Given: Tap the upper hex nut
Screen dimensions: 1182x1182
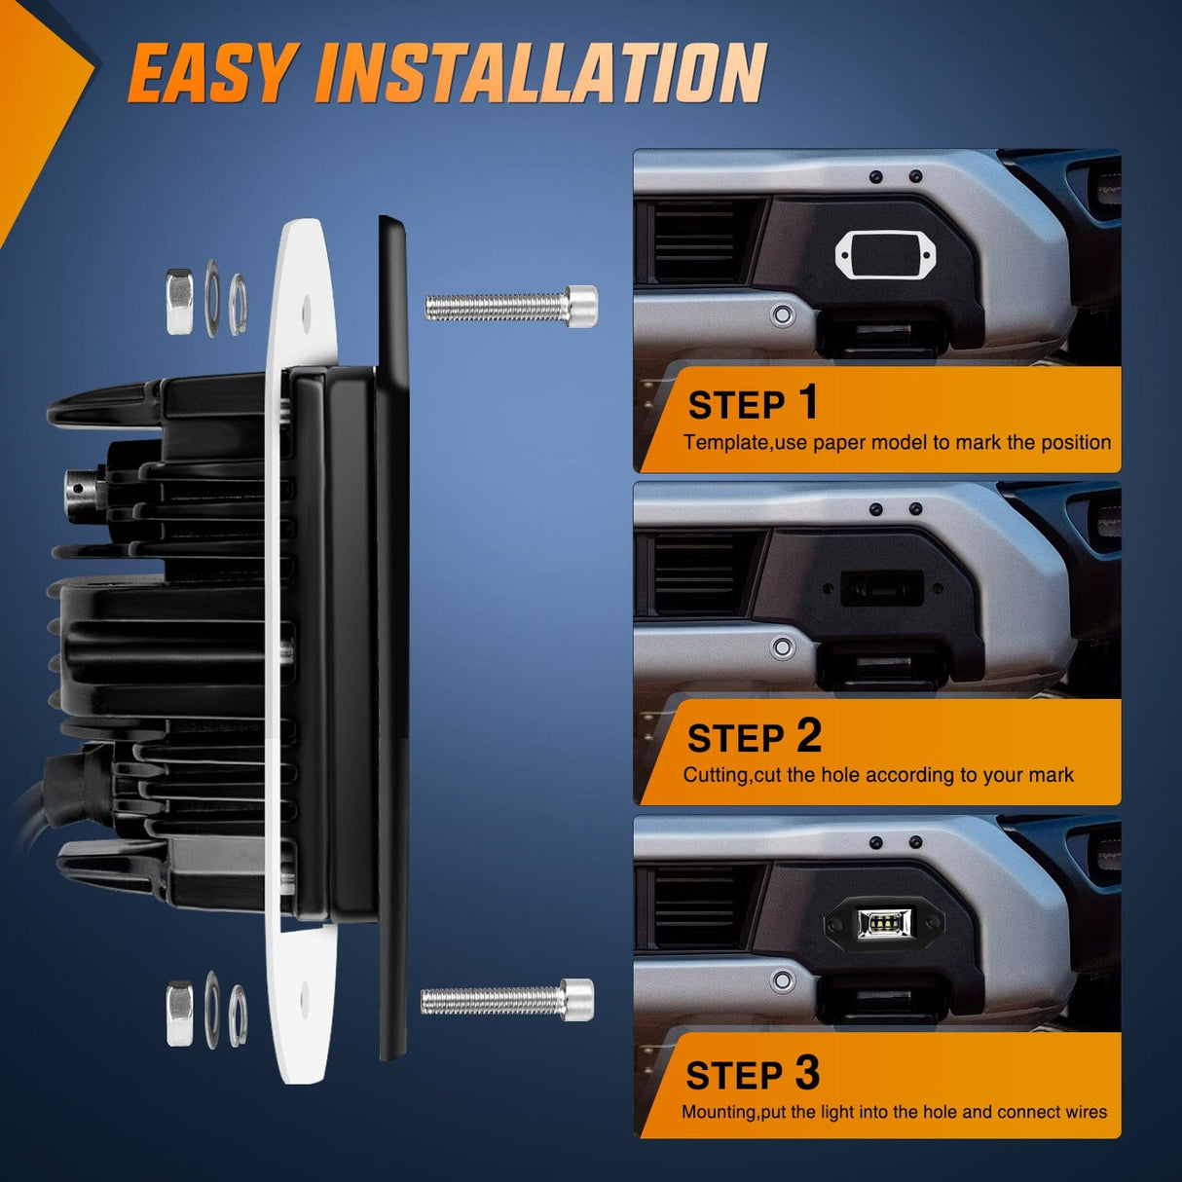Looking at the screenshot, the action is coord(180,302).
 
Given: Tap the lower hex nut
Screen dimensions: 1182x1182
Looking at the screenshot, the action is coord(180,1014).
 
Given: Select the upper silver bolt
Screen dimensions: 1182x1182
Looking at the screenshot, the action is coord(511,306).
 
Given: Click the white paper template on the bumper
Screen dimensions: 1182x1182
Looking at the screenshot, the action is coord(885,254).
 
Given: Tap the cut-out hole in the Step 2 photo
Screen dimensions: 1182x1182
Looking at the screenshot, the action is coord(882,588).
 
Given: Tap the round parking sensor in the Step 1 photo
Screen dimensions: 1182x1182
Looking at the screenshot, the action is coord(782,314).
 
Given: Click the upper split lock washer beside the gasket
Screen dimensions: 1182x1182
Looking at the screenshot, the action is coord(238,304).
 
